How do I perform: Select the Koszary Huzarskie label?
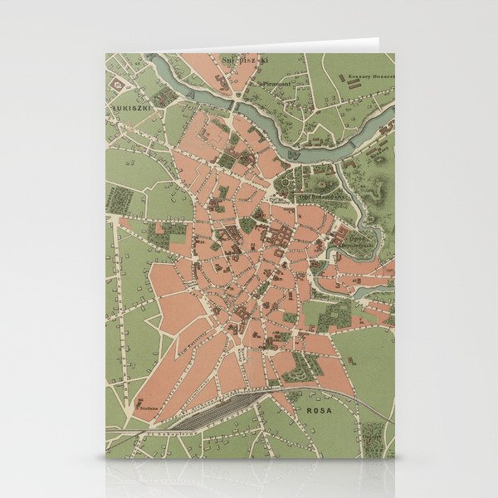(373, 76)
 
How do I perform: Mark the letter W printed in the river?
(290, 154)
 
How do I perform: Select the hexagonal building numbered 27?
(120, 84)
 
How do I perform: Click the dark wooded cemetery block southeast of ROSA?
(373, 432)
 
